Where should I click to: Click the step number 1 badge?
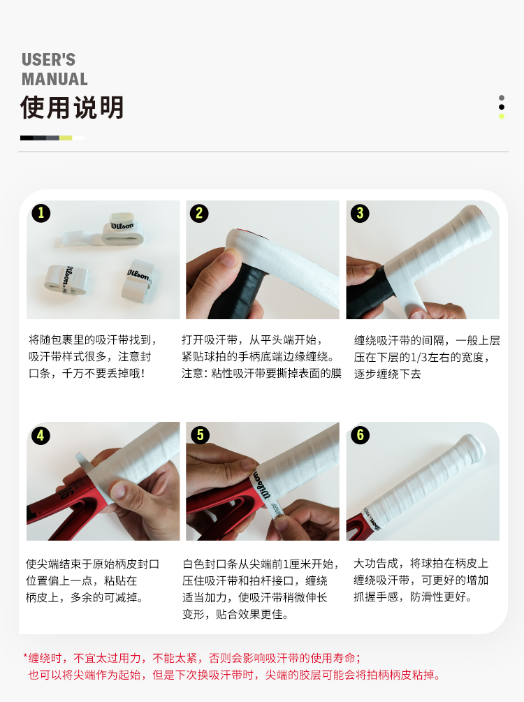[x=41, y=213]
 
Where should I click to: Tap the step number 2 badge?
[x=199, y=213]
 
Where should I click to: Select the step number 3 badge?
[x=360, y=213]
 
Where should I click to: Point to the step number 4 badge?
[x=41, y=435]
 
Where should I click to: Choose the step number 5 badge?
[x=201, y=434]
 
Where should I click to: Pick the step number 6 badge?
[x=360, y=434]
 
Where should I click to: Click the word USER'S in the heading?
[x=48, y=59]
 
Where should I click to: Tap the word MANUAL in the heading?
[x=54, y=79]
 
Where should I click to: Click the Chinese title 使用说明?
[x=72, y=108]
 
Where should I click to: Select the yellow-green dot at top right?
[x=502, y=117]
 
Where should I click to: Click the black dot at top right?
[x=502, y=107]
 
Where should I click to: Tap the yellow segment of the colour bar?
[x=66, y=138]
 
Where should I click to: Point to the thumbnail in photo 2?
[x=231, y=258]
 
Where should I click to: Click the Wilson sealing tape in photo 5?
[x=267, y=490]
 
